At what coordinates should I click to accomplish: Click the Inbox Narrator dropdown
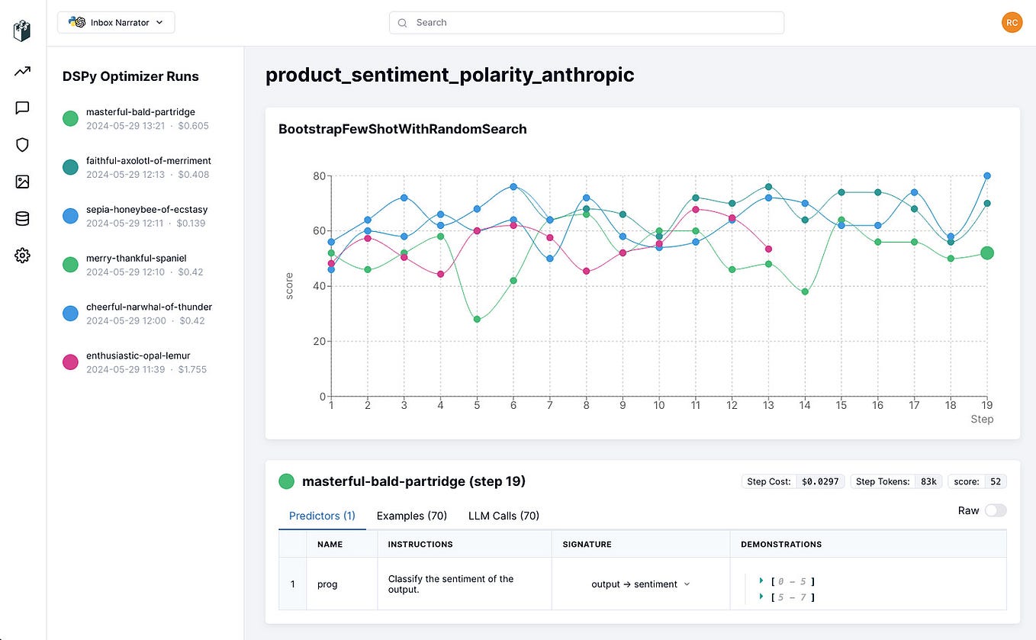pos(116,23)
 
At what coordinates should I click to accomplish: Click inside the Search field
pos(586,23)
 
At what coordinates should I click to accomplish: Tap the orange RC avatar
pos(1012,23)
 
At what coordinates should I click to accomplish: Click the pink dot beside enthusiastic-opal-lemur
pos(71,362)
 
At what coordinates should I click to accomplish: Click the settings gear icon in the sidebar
pos(22,256)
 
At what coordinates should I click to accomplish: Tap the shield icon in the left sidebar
pos(22,145)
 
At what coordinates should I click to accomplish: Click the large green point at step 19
pos(986,253)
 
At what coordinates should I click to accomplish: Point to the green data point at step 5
pos(477,319)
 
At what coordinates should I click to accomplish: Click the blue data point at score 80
pos(986,175)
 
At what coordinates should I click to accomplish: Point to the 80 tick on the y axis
pos(317,175)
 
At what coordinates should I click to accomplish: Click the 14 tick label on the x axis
pos(805,406)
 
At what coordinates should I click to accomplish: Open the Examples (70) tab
pos(411,516)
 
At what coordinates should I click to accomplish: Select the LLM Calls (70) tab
pos(504,516)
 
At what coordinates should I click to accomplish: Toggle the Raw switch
pos(995,510)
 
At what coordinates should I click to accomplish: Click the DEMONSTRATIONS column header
pos(780,545)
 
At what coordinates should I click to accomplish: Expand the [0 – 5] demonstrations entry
pos(761,581)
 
